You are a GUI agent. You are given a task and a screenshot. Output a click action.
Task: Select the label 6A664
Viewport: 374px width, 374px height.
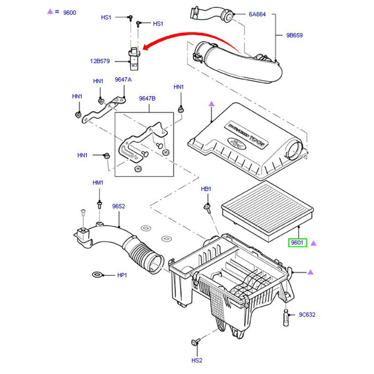point(257,14)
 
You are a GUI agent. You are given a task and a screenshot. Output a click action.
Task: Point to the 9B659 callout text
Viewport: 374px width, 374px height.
point(295,35)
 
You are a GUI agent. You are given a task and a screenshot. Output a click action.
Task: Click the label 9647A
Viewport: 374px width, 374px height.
point(123,80)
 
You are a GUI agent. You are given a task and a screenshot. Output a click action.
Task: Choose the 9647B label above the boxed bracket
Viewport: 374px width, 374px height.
point(147,99)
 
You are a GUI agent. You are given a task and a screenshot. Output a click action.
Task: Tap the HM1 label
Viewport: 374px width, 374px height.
point(98,182)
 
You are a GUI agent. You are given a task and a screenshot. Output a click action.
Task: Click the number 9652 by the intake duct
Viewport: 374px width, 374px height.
point(118,206)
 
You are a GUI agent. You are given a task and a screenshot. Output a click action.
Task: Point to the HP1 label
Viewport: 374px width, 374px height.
point(122,275)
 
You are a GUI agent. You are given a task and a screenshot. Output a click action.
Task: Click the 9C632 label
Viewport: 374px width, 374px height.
point(307,315)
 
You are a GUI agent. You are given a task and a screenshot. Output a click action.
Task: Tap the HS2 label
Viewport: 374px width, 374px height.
point(197,360)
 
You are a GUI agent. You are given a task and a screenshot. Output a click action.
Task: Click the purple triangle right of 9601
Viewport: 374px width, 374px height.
point(314,243)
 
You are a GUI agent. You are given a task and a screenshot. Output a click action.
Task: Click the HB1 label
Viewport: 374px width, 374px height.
point(206,189)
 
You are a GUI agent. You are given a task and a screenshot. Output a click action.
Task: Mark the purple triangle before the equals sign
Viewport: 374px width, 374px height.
point(50,12)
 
